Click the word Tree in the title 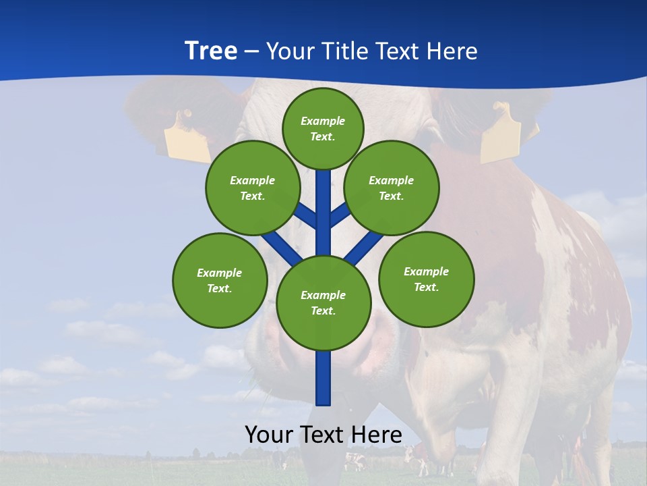pos(211,51)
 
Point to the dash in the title pos(251,52)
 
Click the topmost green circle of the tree pos(323,128)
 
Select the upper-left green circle pos(253,188)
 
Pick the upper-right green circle pos(392,188)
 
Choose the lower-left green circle pos(220,280)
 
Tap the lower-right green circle pos(426,279)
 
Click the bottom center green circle pos(323,302)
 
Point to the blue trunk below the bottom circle pos(323,378)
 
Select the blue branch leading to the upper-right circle pos(340,215)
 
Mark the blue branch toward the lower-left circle pos(282,246)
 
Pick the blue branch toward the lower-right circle pos(364,247)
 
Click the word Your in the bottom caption pos(270,435)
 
